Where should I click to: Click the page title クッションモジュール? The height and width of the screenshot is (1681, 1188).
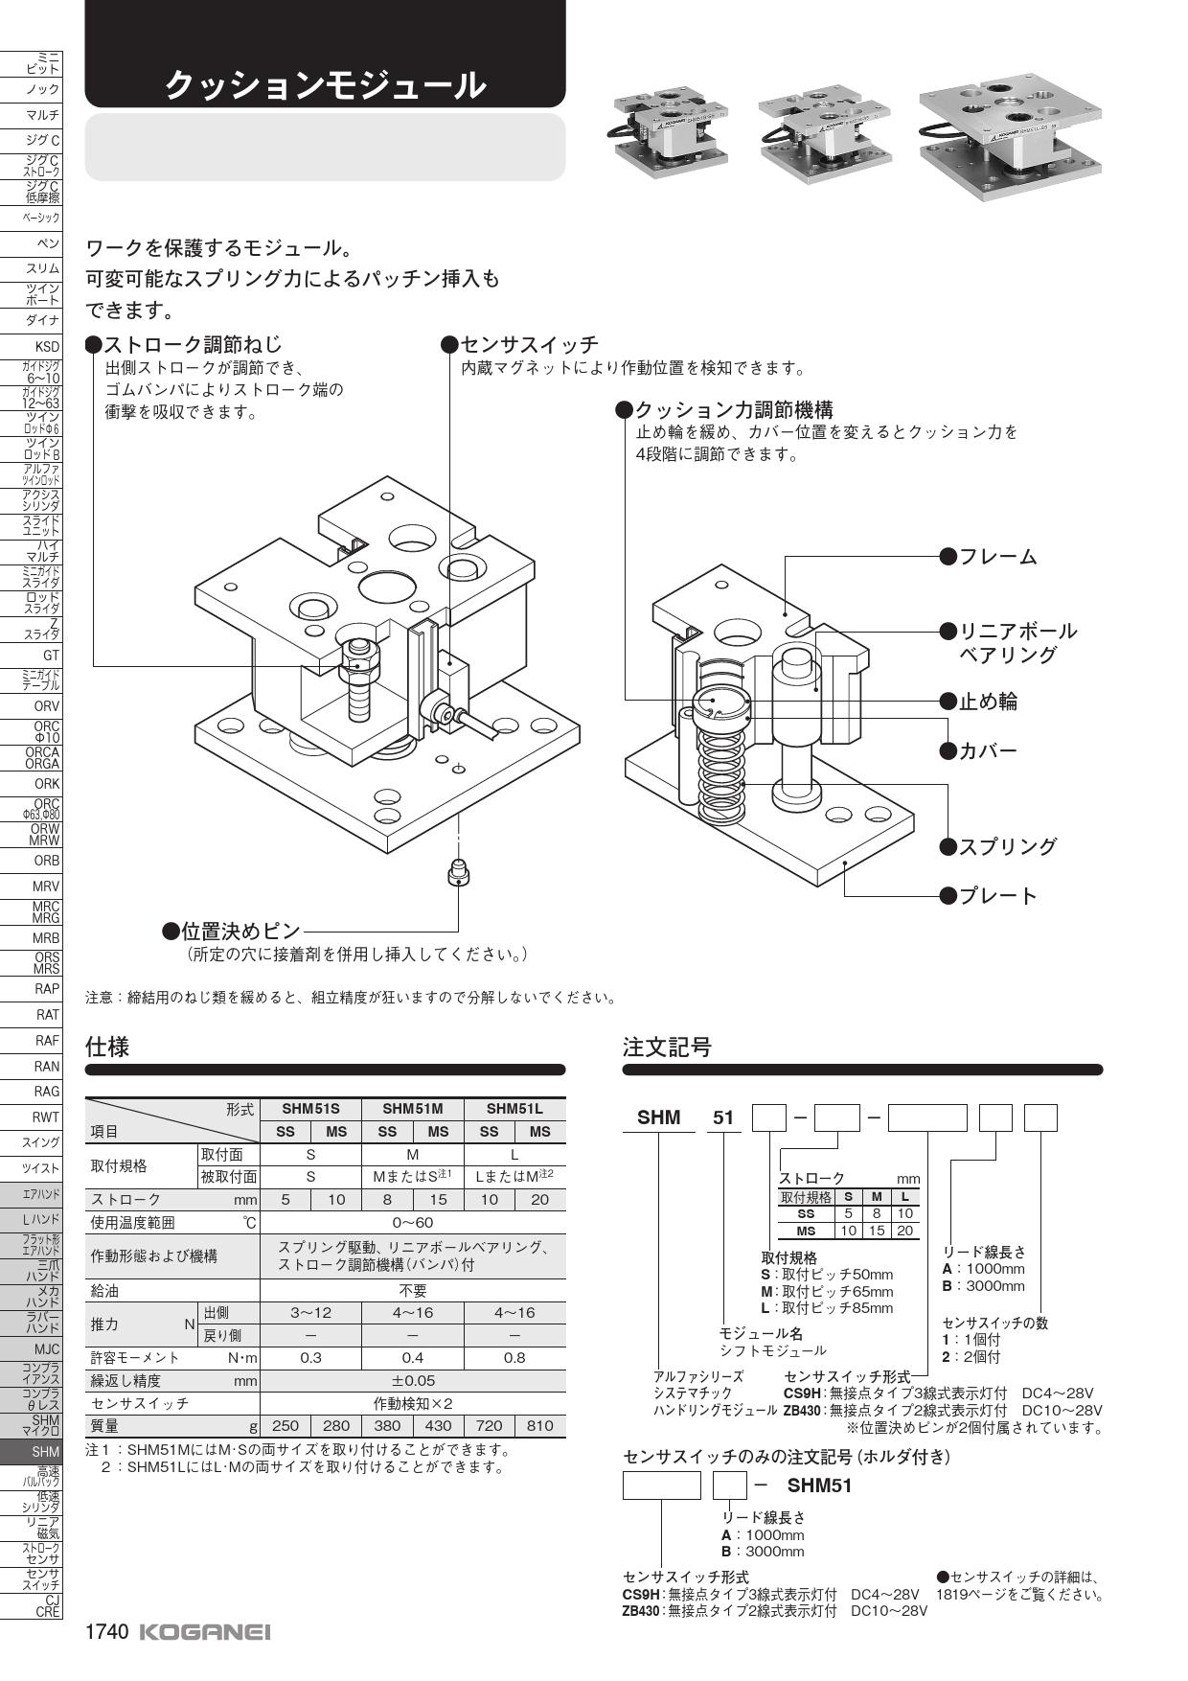(325, 86)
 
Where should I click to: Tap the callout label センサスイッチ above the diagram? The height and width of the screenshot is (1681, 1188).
(529, 344)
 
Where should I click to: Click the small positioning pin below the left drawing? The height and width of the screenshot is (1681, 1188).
(459, 872)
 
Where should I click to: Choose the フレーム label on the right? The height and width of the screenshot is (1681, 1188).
(998, 557)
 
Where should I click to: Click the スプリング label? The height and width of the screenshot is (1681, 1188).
(1008, 846)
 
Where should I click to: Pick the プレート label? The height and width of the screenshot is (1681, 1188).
(998, 896)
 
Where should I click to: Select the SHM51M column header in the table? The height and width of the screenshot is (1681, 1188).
(412, 1109)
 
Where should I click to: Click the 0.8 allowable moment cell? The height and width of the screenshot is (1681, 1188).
(514, 1357)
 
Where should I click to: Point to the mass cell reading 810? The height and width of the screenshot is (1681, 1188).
(540, 1425)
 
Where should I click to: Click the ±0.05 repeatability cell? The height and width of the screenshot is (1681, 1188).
(413, 1380)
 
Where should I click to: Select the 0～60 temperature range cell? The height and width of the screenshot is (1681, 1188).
(413, 1222)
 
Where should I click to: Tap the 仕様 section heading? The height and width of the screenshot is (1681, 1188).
(107, 1047)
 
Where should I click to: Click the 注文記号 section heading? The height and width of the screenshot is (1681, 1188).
(667, 1047)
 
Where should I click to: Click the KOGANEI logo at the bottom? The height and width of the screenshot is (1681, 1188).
(205, 1632)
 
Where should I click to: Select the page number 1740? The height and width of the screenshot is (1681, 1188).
(106, 1632)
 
